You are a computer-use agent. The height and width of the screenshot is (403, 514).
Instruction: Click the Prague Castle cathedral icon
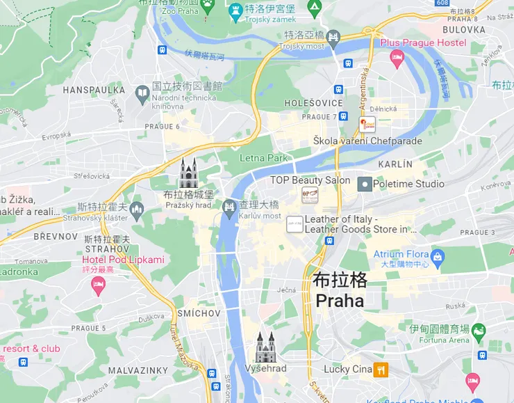pyautogui.click(x=188, y=171)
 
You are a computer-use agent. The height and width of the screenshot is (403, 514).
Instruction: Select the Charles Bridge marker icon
pyautogui.click(x=229, y=207)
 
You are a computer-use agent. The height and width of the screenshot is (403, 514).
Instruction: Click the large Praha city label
pyautogui.click(x=340, y=291)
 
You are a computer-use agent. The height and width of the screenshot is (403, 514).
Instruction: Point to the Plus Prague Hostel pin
pyautogui.click(x=397, y=58)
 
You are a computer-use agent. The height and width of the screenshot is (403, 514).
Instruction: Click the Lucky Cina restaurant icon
pyautogui.click(x=380, y=370)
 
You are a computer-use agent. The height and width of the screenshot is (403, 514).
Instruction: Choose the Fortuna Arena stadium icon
pyautogui.click(x=479, y=332)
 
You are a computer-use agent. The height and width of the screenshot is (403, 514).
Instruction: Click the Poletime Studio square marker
pyautogui.click(x=364, y=184)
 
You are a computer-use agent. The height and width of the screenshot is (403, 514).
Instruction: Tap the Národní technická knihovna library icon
pyautogui.click(x=142, y=92)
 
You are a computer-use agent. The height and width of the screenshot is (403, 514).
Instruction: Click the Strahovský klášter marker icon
pyautogui.click(x=136, y=208)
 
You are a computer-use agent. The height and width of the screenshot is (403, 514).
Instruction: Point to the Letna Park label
pyautogui.click(x=263, y=158)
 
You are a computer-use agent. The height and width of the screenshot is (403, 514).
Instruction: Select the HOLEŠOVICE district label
pyautogui.click(x=314, y=103)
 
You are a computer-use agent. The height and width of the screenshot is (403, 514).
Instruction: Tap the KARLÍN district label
pyautogui.click(x=395, y=164)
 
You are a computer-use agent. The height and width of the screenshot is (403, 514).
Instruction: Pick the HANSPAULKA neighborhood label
pyautogui.click(x=94, y=90)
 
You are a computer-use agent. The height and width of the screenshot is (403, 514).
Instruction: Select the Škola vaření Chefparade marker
pyautogui.click(x=367, y=124)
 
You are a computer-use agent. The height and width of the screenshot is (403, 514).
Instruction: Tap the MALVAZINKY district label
pyautogui.click(x=139, y=370)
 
